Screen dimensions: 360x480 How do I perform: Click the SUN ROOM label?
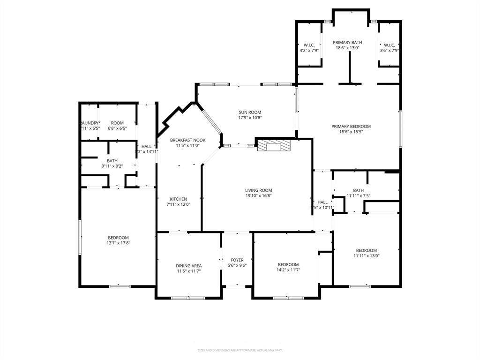coord(250,112)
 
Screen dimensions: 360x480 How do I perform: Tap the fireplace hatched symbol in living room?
coord(273,145)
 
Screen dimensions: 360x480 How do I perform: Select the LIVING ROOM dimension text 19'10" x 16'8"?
coord(258,196)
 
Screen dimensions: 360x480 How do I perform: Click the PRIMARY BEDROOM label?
coord(351,126)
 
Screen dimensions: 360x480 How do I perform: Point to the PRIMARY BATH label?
coord(347,42)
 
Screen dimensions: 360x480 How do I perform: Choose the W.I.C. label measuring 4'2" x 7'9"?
coord(309,45)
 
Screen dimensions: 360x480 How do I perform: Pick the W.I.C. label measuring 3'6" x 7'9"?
coord(389,45)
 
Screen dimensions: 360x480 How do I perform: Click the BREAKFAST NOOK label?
coord(187,140)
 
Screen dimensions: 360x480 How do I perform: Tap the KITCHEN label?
coord(179,199)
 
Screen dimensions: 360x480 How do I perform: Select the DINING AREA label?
coord(189,265)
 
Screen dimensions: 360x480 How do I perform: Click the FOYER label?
coord(237,260)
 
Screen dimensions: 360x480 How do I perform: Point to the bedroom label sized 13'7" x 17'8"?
coord(118,238)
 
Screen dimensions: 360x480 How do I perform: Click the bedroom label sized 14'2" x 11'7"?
coord(288,264)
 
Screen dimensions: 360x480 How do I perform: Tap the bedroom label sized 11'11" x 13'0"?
coord(366,250)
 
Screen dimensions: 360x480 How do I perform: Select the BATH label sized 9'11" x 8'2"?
coord(112,161)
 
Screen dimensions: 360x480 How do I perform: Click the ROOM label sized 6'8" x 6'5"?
coord(117,123)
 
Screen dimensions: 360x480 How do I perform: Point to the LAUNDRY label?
coord(90,123)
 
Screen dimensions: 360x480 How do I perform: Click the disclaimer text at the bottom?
coord(240,350)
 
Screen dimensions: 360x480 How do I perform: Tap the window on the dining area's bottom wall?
coord(188,298)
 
